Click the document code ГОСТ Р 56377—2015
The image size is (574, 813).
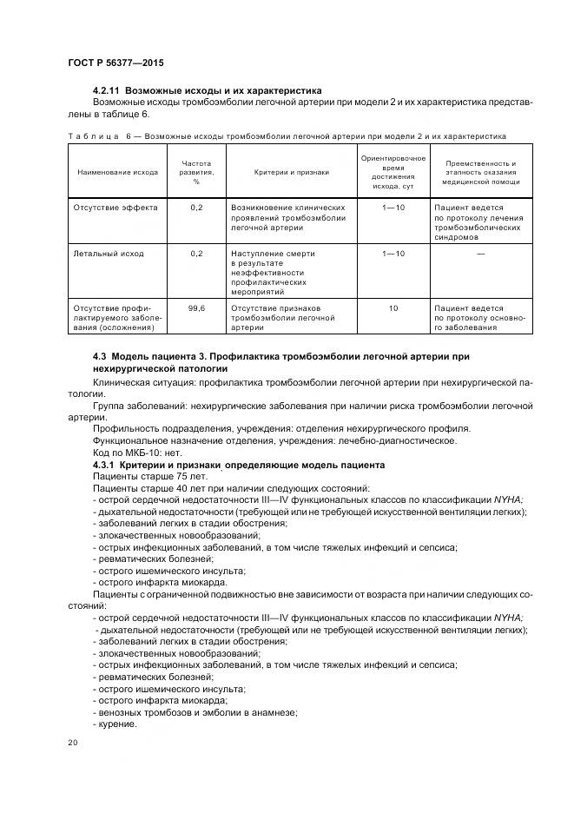(115, 63)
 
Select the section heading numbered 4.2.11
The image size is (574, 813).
(207, 90)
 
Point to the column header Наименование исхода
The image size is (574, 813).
(117, 172)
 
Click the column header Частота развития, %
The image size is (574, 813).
(196, 172)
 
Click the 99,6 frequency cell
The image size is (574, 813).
(196, 307)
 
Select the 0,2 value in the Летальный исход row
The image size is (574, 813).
(196, 254)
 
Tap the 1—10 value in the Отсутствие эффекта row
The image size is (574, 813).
(393, 208)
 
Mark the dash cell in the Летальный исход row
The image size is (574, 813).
(480, 254)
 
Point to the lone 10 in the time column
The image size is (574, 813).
(393, 307)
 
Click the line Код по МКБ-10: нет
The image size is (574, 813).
(136, 453)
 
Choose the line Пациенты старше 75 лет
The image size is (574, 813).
(149, 476)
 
